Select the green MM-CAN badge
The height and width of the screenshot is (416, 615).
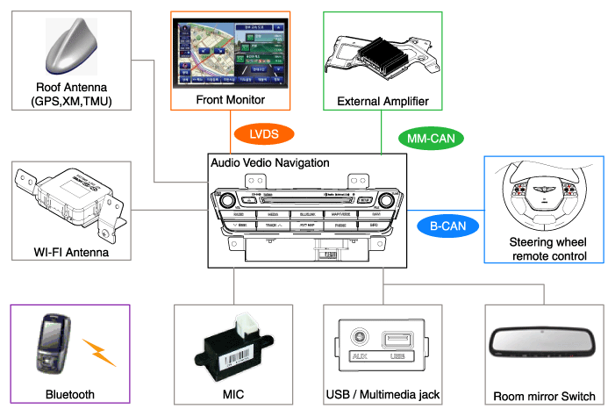[x=430, y=138]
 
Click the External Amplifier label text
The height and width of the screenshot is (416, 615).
[x=383, y=102]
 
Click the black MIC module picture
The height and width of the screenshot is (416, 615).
[x=233, y=348]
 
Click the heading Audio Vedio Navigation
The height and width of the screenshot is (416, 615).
[x=270, y=163]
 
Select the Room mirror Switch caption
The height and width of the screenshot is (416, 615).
[x=544, y=396]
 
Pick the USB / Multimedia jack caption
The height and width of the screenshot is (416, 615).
[x=382, y=395]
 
